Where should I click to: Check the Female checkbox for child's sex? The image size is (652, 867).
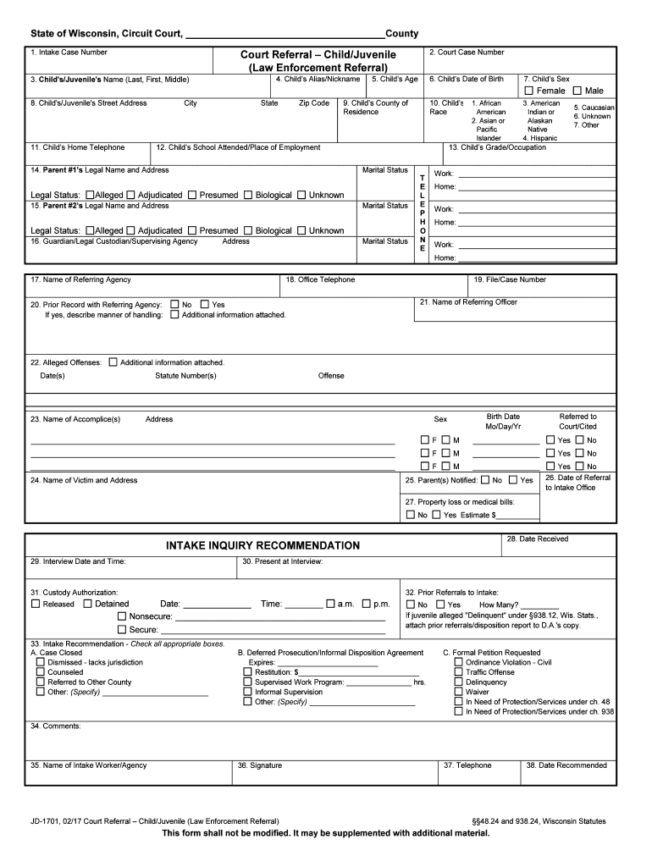[x=529, y=91]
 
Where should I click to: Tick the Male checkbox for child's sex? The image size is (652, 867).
[x=577, y=91]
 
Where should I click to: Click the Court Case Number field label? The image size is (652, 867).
[x=467, y=52]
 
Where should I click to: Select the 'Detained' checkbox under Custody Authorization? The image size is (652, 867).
[x=88, y=604]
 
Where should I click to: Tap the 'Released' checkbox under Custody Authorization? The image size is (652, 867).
[x=36, y=604]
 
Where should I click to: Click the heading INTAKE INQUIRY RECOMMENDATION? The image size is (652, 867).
[x=262, y=545]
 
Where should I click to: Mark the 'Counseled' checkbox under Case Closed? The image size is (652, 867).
[x=40, y=671]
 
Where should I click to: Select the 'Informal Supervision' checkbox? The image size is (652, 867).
[x=247, y=692]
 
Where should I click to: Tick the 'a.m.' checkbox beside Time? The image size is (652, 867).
[x=330, y=604]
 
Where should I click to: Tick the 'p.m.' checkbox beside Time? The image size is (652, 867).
[x=366, y=604]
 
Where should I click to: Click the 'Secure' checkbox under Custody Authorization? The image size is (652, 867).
[x=122, y=629]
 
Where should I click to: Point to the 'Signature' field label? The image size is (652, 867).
[x=260, y=765]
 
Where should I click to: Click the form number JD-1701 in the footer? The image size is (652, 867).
[x=47, y=821]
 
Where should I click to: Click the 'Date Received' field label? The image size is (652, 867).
[x=538, y=539]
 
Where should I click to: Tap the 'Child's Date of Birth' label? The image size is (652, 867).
[x=467, y=79]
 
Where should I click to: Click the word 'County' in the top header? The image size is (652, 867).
[x=401, y=33]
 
